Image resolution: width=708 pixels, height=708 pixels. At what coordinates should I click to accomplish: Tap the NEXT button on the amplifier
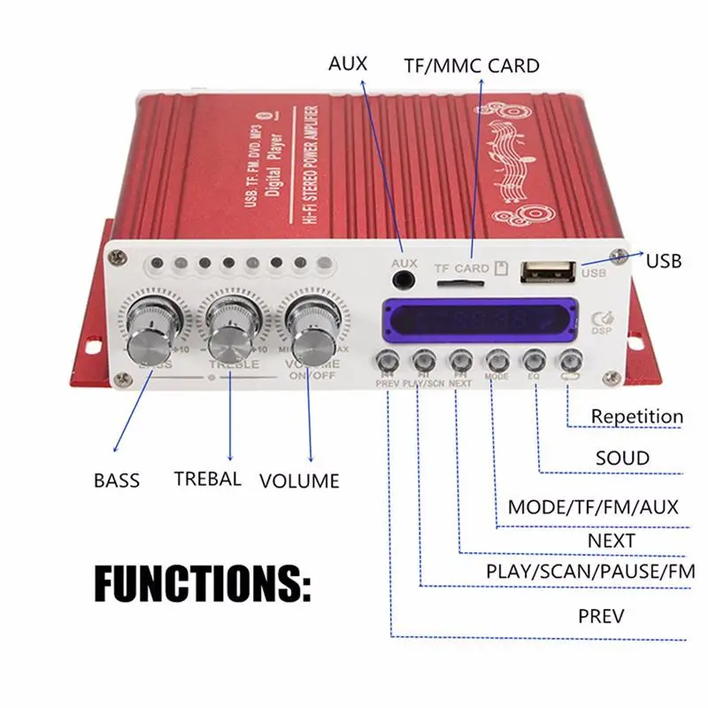pyautogui.click(x=459, y=360)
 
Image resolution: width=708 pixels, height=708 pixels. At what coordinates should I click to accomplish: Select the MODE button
pyautogui.click(x=496, y=360)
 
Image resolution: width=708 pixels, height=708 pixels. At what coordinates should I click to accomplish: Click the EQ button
pyautogui.click(x=533, y=360)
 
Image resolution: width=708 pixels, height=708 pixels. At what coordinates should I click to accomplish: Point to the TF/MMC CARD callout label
pyautogui.click(x=471, y=65)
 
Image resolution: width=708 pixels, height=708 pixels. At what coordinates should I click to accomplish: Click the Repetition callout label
pyautogui.click(x=637, y=416)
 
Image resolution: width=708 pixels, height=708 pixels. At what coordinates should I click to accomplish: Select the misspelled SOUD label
pyautogui.click(x=622, y=458)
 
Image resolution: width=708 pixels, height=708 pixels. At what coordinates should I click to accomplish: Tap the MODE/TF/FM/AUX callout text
pyautogui.click(x=593, y=507)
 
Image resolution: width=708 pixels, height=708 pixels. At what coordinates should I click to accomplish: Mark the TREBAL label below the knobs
pyautogui.click(x=208, y=479)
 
